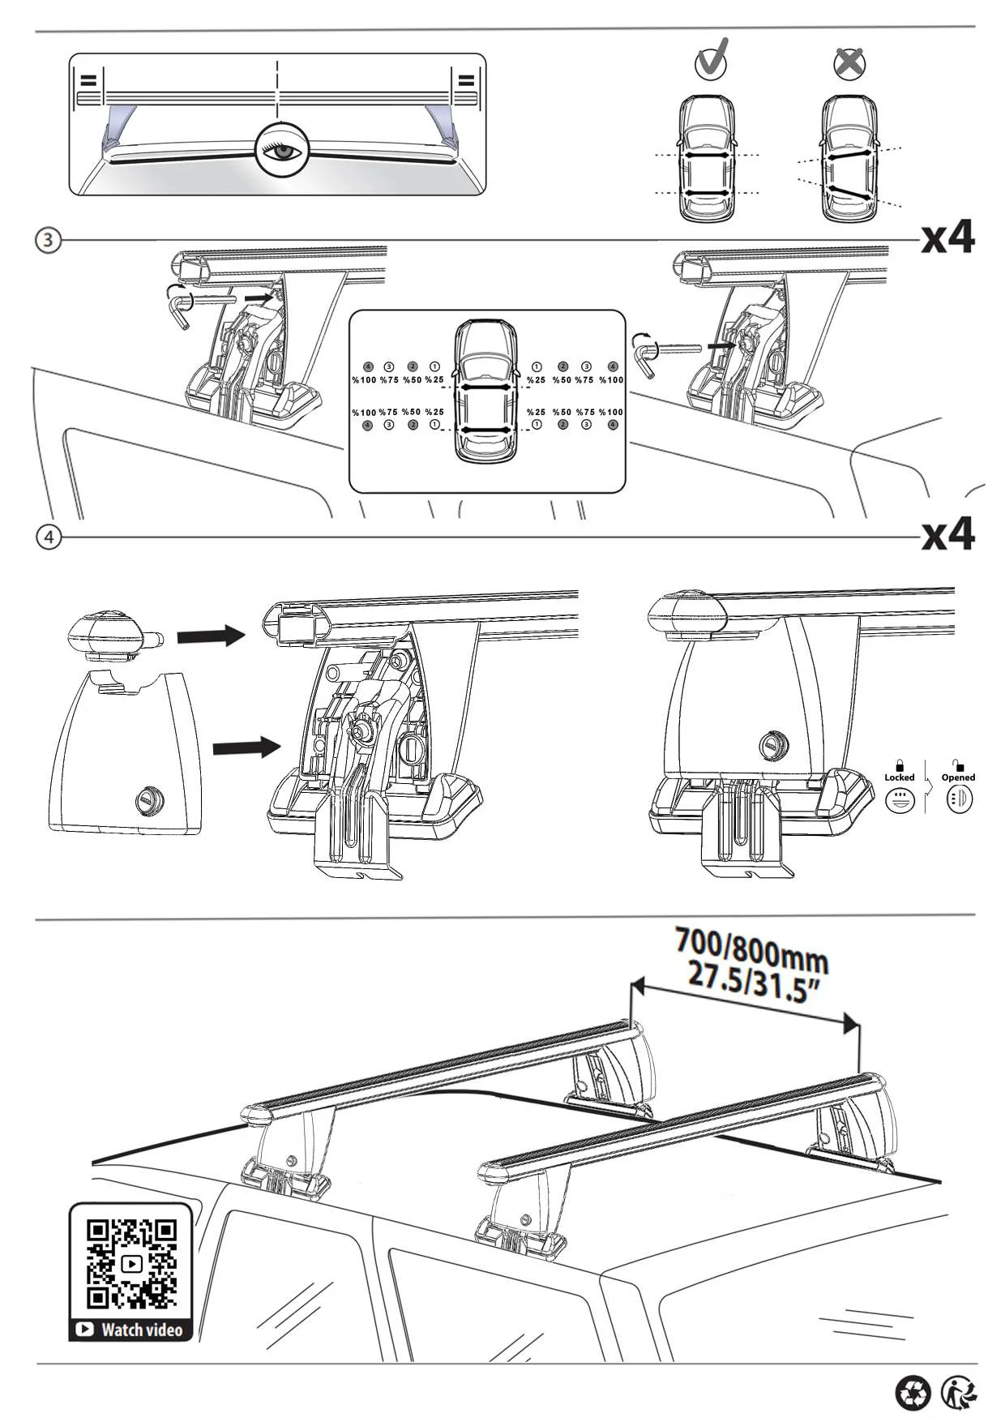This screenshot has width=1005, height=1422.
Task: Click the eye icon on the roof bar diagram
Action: pyautogui.click(x=280, y=150)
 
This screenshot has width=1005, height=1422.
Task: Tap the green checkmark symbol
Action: pyautogui.click(x=712, y=60)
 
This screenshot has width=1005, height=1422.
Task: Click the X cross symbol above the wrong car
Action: pyautogui.click(x=849, y=62)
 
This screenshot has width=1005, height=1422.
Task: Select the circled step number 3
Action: pyautogui.click(x=49, y=240)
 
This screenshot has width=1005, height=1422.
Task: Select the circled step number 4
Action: pyautogui.click(x=49, y=538)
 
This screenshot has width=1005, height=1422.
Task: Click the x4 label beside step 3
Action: pyautogui.click(x=948, y=238)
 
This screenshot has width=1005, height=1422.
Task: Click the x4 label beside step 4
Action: pyautogui.click(x=948, y=535)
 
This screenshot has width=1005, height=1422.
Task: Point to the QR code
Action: pyautogui.click(x=131, y=1264)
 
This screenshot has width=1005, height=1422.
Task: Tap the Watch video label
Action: pyautogui.click(x=131, y=1330)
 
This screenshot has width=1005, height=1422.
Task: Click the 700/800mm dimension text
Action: pyautogui.click(x=752, y=949)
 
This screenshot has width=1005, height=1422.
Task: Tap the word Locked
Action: pyautogui.click(x=900, y=777)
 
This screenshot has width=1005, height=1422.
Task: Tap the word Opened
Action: pyautogui.click(x=958, y=777)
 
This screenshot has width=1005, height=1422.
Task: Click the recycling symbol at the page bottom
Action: pyautogui.click(x=913, y=1393)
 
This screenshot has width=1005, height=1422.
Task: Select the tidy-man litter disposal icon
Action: pyautogui.click(x=959, y=1393)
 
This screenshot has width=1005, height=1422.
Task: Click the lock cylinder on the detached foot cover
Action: pyautogui.click(x=148, y=799)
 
